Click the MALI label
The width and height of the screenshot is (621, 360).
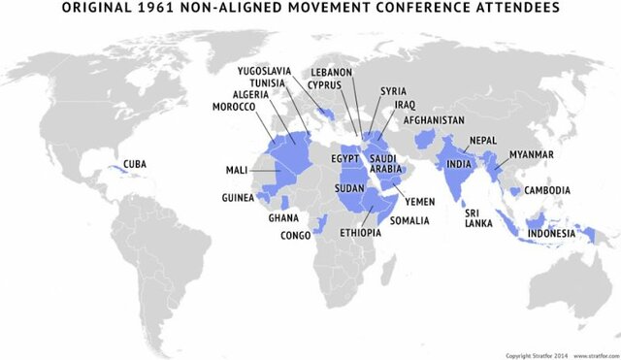pos(237,170)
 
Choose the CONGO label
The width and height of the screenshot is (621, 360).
pos(295,235)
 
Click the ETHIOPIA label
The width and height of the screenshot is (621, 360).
pos(362,234)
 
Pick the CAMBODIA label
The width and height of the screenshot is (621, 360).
pos(545,190)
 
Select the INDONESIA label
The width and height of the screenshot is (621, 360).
pos(550,234)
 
